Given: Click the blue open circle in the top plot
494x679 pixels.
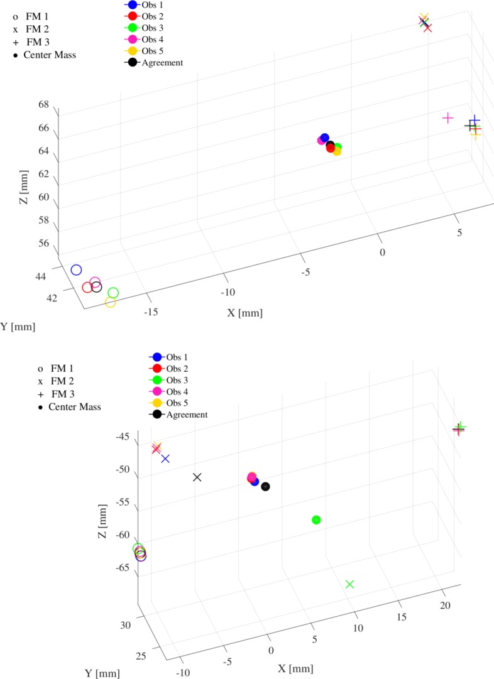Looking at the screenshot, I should [76, 270].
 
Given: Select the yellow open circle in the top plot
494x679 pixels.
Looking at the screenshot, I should [110, 303].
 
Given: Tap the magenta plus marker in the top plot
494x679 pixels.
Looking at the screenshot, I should [447, 117].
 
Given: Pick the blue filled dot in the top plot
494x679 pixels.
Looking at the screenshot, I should [324, 138].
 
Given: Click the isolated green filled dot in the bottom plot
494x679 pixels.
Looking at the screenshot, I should [316, 519].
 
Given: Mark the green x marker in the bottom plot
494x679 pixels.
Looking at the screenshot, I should [350, 584].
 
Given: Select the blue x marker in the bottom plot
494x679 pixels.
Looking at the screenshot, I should [165, 459].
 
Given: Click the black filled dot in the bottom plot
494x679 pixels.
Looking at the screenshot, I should [265, 486].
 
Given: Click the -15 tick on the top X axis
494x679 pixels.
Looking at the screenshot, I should [150, 312].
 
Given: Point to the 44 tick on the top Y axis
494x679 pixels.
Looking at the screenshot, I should [41, 277].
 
